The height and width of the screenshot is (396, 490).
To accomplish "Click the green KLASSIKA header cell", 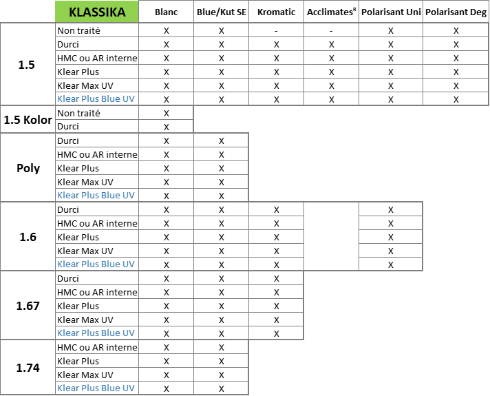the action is [97, 12].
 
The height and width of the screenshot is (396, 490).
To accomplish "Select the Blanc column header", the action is [167, 12].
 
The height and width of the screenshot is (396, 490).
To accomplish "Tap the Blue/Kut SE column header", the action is [221, 12].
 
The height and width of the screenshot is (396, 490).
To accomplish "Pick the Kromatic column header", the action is [276, 12].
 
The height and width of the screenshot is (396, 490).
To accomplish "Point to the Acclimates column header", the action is [331, 12].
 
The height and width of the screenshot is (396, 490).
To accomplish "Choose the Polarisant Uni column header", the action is [391, 12].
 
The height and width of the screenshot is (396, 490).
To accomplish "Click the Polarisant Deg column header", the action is [456, 12].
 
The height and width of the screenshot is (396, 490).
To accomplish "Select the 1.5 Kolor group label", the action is [28, 120].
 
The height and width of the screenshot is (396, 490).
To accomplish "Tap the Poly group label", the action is [28, 168].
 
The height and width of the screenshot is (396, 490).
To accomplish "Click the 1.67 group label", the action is [28, 306].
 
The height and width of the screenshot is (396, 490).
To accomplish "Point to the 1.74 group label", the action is [28, 368].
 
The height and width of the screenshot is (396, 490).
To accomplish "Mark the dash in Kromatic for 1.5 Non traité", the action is [276, 31].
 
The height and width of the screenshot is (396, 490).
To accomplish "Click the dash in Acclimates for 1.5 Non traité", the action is [331, 31].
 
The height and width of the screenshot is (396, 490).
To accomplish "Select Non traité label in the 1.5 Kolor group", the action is [78, 113].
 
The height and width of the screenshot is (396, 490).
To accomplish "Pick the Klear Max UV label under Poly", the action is [85, 182].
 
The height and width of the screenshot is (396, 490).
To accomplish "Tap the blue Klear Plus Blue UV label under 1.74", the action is [96, 388].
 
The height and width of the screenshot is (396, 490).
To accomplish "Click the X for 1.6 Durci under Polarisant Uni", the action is [391, 209].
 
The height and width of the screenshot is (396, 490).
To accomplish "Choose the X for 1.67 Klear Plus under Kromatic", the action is [276, 306].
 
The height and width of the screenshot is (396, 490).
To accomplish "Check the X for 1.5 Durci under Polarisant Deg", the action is [456, 44].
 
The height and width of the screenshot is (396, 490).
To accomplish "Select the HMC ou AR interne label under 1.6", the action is [97, 223].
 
